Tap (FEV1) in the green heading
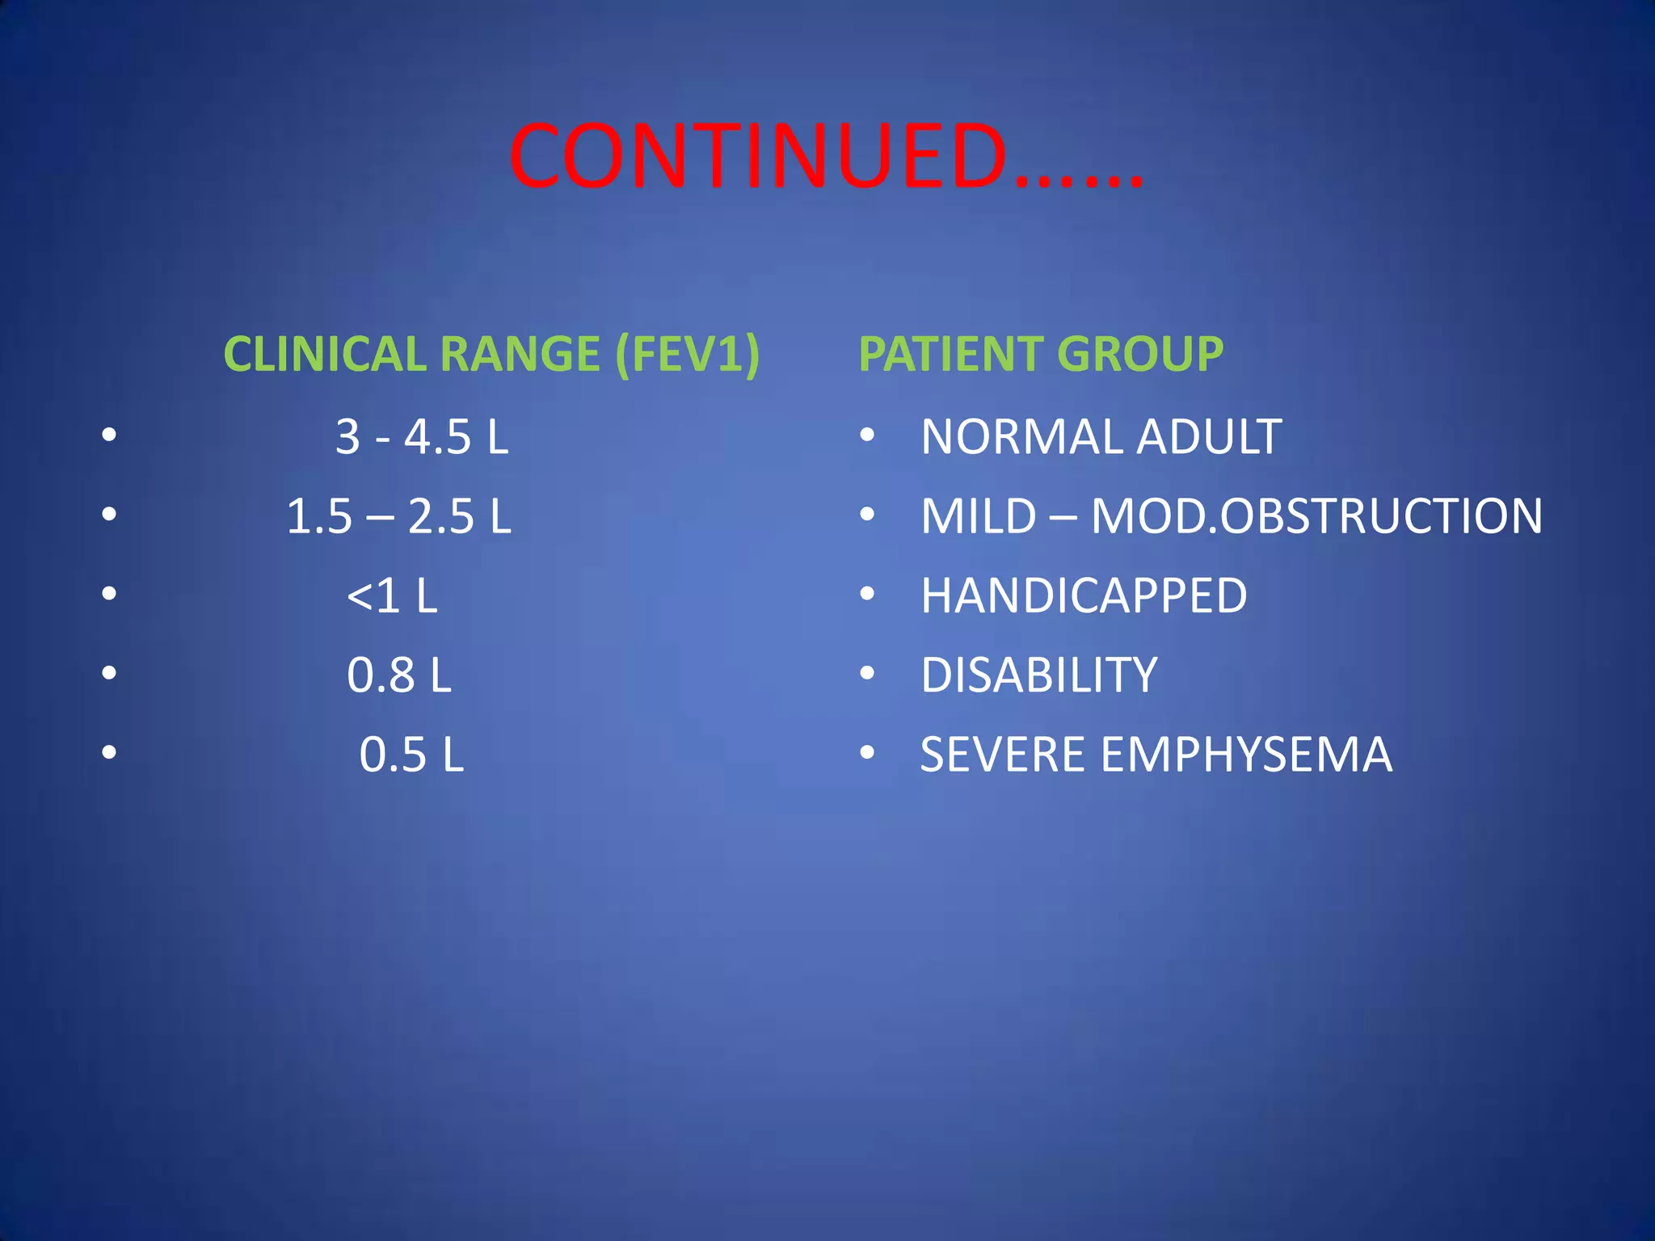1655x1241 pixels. pos(687,354)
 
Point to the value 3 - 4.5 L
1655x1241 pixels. pos(422,437)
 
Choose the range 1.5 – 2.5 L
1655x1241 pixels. pos(399,516)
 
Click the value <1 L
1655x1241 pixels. pos(392,595)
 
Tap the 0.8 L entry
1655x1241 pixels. pos(399,675)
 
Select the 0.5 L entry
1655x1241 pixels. pos(411,755)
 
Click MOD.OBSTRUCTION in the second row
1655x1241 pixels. pos(1316,516)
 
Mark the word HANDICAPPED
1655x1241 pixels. pos(1084,595)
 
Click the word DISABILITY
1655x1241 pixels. pos(1039,675)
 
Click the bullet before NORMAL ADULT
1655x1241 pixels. pos(867,435)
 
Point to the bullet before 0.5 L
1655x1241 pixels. pos(109,753)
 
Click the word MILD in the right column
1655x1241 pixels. pos(978,516)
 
